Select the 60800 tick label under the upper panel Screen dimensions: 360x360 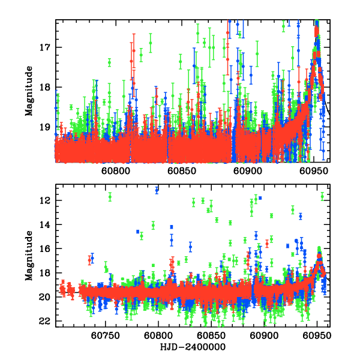[115, 171]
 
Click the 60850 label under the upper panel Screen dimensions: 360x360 [181, 171]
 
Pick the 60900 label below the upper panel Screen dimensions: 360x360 [247, 171]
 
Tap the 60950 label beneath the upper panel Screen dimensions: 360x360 [314, 171]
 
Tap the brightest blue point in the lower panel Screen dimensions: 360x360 [157, 190]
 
